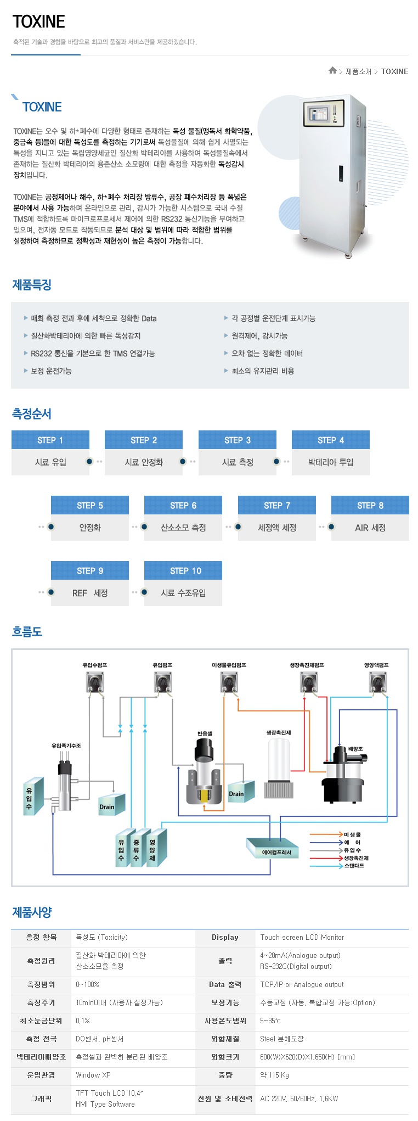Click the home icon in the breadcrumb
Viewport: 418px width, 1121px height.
(x=332, y=71)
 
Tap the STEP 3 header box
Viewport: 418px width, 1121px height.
(x=238, y=440)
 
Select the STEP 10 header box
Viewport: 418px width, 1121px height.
(x=183, y=571)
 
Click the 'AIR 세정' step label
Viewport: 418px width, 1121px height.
(x=370, y=528)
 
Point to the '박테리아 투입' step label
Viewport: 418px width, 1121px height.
(x=331, y=462)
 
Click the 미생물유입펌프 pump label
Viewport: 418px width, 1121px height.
(x=229, y=665)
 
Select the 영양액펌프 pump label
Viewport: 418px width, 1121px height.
(x=376, y=665)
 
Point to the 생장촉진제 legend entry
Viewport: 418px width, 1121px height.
(x=356, y=858)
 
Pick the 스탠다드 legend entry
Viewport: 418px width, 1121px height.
(x=354, y=866)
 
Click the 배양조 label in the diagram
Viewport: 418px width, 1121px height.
(x=355, y=749)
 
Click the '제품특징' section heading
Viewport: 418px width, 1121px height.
(x=32, y=285)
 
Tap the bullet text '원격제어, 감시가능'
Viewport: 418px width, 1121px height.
(x=259, y=336)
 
